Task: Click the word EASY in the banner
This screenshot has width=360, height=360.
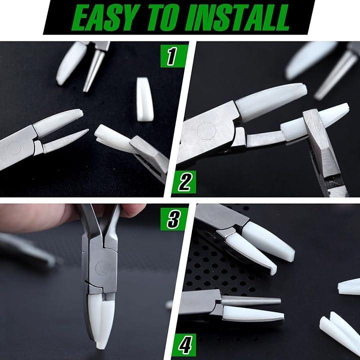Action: tap(106, 17)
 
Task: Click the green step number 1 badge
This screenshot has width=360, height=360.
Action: tap(173, 56)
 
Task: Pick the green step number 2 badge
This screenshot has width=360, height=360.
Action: tap(184, 182)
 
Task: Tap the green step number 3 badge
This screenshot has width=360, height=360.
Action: tap(174, 219)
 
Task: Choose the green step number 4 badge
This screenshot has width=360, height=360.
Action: tap(184, 345)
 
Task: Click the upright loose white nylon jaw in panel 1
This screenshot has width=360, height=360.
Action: tap(144, 99)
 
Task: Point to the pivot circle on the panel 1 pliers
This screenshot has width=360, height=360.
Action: tap(14, 148)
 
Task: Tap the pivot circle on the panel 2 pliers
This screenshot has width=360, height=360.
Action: tap(206, 131)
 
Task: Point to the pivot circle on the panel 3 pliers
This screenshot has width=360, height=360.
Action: tap(103, 267)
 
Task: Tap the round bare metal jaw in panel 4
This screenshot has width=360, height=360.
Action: tap(251, 301)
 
